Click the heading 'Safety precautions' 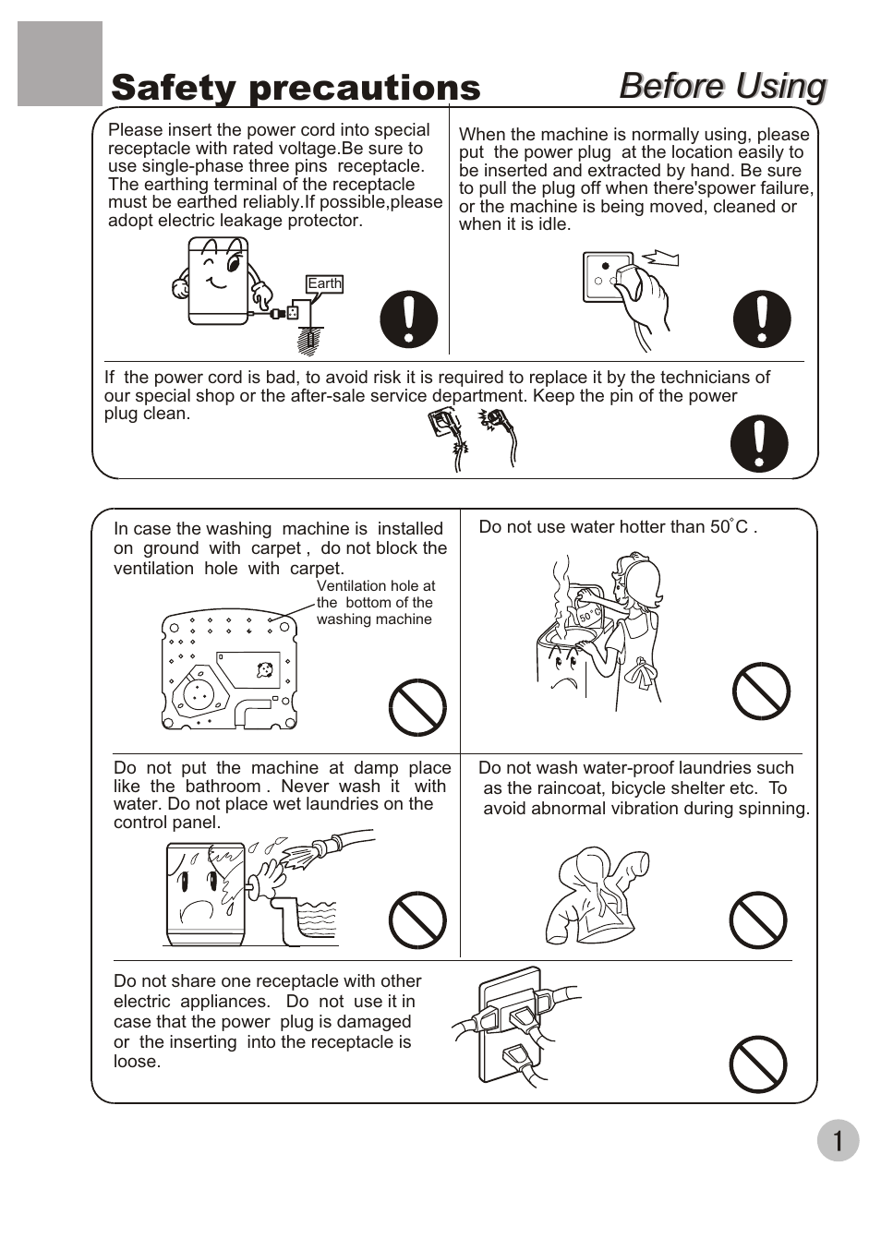[x=296, y=89]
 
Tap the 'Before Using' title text [x=722, y=87]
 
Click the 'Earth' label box [x=324, y=283]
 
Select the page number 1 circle [x=838, y=1140]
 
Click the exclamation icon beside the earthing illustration [x=409, y=319]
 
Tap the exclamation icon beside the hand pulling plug [x=762, y=319]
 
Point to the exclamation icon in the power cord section [x=759, y=443]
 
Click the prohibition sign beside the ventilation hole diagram [x=417, y=707]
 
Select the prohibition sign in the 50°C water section [x=761, y=691]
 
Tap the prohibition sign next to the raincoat [x=757, y=920]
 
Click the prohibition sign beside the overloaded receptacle [x=757, y=1064]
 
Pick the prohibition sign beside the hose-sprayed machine [x=417, y=920]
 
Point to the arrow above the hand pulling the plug [x=660, y=258]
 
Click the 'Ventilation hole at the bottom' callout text [x=375, y=603]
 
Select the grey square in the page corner [x=60, y=64]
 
